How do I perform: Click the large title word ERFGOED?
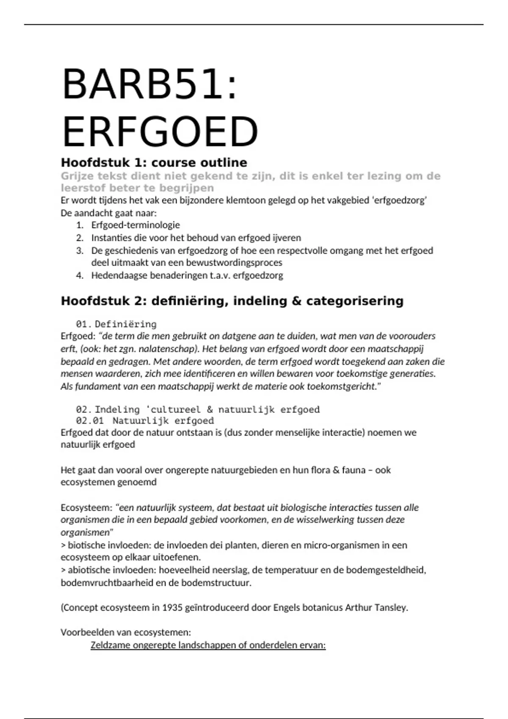(160, 132)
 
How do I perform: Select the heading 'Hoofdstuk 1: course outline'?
(154, 163)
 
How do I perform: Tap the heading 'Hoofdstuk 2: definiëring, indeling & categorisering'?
(232, 301)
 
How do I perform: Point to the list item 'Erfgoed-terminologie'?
(135, 225)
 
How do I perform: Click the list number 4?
(80, 276)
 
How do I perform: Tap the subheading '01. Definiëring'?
(116, 324)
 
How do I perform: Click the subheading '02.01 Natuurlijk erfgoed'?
(145, 421)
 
